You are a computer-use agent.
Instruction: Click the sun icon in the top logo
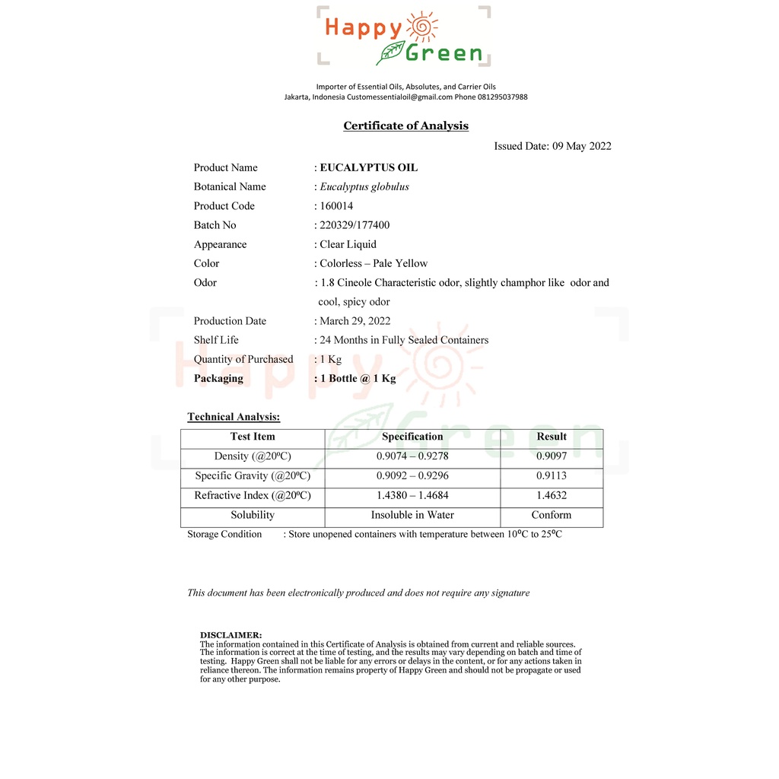pos(423,28)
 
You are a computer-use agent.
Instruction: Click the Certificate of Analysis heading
pos(405,126)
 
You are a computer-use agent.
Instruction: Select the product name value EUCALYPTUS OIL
pos(369,167)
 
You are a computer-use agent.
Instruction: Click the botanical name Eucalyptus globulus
pos(364,186)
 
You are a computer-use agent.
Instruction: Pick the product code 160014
pos(336,205)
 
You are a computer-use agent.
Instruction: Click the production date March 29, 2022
pos(355,321)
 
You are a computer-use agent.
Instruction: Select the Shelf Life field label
pos(216,340)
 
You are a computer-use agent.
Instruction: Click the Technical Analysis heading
pos(234,417)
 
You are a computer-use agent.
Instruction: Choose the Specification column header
pos(412,437)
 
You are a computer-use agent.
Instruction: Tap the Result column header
pos(552,437)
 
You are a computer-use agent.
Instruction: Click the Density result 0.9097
pos(552,456)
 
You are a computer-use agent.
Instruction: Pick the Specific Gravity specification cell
pos(412,476)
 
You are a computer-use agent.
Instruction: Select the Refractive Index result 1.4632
pos(552,495)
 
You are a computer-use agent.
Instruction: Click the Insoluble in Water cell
pos(412,515)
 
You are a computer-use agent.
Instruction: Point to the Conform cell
pos(552,515)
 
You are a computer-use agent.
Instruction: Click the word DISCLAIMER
pos(231,634)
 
